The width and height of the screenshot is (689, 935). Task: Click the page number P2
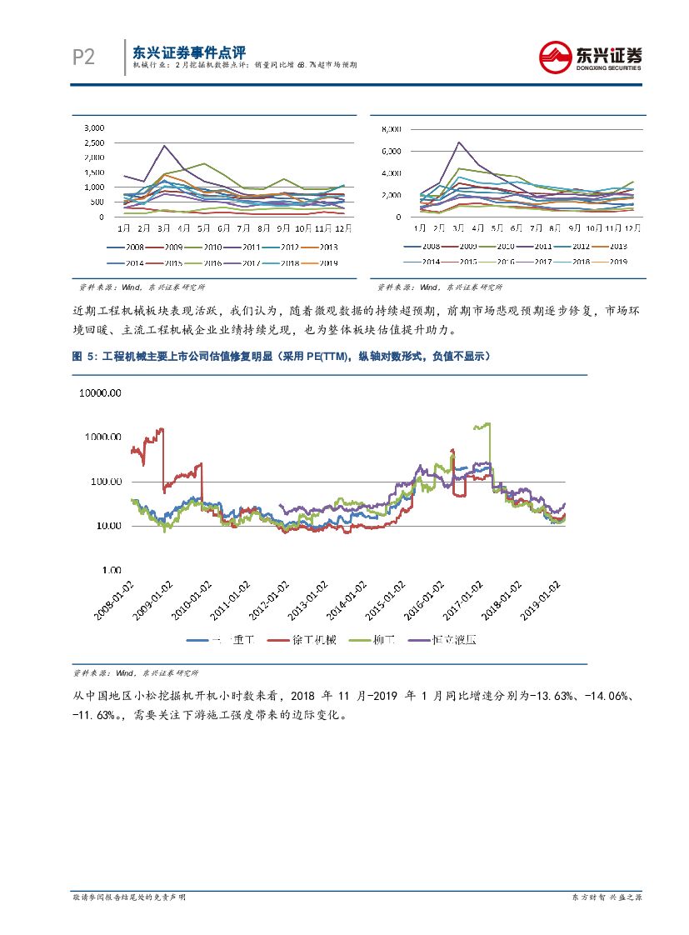point(83,57)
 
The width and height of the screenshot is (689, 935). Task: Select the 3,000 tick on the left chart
point(94,128)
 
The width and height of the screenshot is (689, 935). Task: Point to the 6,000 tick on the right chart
point(391,151)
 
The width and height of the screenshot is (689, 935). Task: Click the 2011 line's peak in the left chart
point(164,146)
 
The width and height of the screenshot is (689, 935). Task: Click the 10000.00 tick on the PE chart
point(99,392)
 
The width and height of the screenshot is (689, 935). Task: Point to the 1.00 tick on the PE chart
point(111,570)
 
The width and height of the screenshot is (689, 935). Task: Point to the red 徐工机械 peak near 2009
point(161,430)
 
